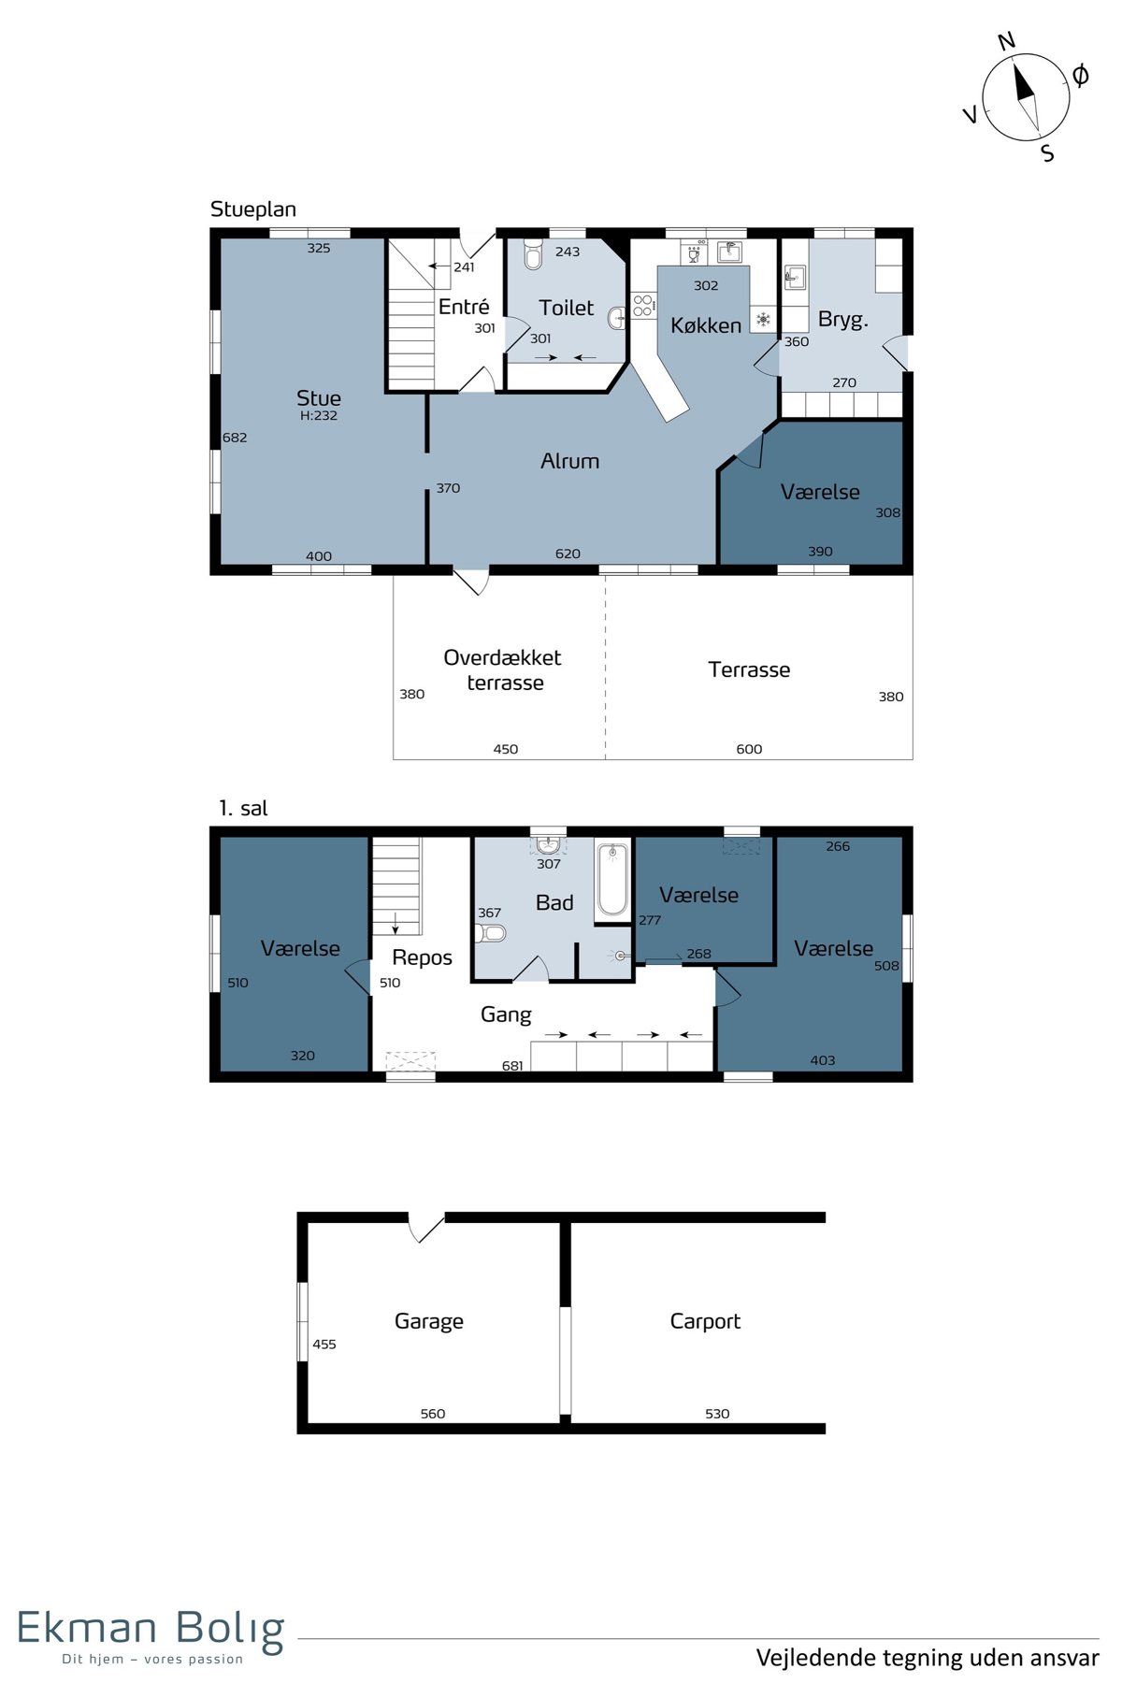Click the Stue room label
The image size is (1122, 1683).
[x=319, y=398]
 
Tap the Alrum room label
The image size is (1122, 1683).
[x=569, y=461]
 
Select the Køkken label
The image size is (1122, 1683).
[x=706, y=325]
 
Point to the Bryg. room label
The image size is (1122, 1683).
[x=843, y=320]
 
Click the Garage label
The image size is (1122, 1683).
[x=429, y=1321]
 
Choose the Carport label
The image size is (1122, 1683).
[x=705, y=1321]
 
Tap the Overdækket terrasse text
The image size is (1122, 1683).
[x=503, y=669]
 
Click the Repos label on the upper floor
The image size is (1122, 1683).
[x=422, y=957]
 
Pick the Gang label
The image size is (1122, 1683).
[x=506, y=1014]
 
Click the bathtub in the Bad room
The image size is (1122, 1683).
[x=612, y=880]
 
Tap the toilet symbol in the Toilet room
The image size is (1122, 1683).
[x=533, y=253]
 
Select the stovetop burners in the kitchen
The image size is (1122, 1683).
[x=643, y=306]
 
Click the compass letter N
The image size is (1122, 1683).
[x=1006, y=41]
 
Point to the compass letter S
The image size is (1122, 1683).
[x=1048, y=153]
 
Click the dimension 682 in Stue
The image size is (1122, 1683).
[x=235, y=438]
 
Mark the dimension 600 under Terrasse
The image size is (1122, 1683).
[x=749, y=749]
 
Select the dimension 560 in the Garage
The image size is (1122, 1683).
[x=433, y=1414]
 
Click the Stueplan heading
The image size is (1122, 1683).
[x=253, y=209]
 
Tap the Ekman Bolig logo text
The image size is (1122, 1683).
[x=151, y=1629]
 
